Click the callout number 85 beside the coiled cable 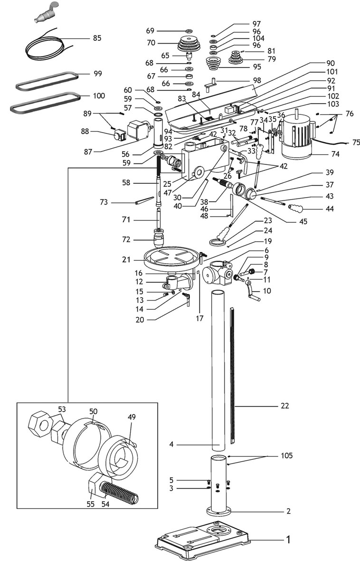point(96,38)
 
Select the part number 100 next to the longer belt point(99,96)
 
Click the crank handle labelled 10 point(251,291)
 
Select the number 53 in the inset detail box point(62,409)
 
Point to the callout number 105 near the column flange point(286,456)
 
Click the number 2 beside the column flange point(288,512)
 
